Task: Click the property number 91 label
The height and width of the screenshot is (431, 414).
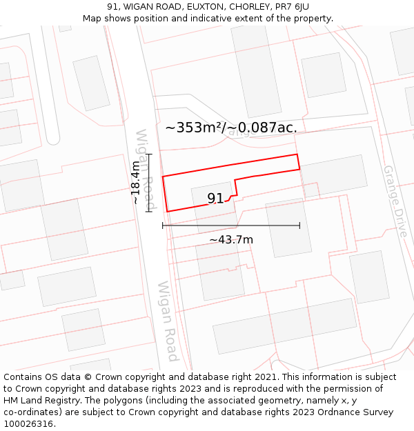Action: coord(215,199)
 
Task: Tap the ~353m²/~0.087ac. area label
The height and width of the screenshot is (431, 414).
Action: coord(231,128)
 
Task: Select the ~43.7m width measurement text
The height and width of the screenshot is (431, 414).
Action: coord(231,239)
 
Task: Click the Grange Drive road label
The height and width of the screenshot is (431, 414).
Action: coord(396,201)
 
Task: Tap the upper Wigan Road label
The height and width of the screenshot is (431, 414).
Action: coord(146,170)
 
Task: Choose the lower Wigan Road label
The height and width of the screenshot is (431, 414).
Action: coord(168,321)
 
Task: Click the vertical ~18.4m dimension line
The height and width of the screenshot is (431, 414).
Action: coord(148,183)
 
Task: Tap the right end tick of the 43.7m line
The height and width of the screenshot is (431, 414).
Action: coord(299,225)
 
